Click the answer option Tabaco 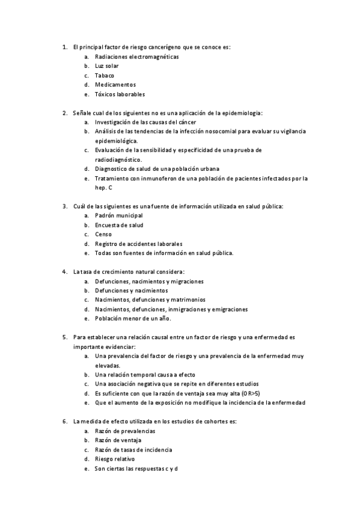[105, 75]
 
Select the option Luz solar [106, 66]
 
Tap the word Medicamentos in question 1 [115, 85]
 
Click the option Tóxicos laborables [120, 94]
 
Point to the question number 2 [65, 112]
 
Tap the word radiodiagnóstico [118, 159]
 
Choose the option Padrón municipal [119, 215]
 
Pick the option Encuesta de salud [119, 225]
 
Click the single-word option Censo [103, 234]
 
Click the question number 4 [65, 272]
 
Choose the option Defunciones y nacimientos [131, 290]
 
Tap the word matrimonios [186, 300]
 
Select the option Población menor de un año [133, 318]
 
